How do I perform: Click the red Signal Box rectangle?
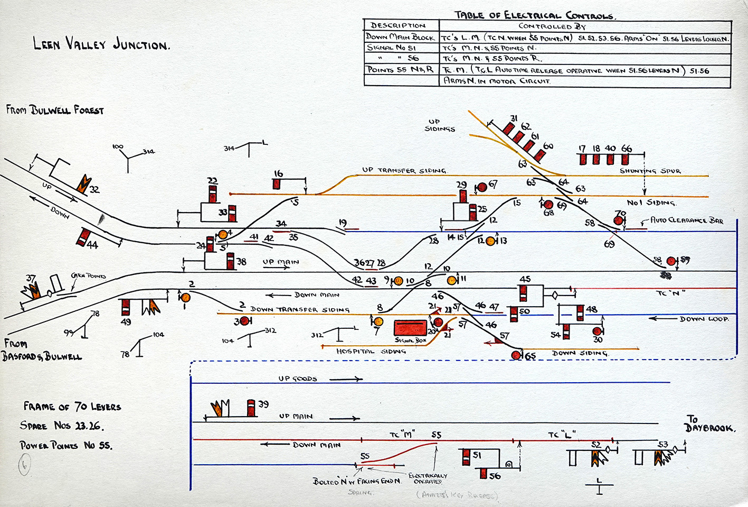click(x=411, y=328)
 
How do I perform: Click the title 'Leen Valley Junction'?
click(x=101, y=44)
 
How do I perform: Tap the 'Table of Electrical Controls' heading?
click(x=535, y=15)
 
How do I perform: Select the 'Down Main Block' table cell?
click(x=401, y=38)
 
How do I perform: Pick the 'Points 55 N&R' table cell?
click(x=401, y=70)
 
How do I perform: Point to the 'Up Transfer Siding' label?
click(x=404, y=170)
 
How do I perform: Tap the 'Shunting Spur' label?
click(x=650, y=171)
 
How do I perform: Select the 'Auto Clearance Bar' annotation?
click(x=686, y=220)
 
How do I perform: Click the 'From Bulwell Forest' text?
click(x=55, y=110)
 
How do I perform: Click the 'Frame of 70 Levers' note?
click(x=72, y=407)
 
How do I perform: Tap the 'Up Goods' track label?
click(x=298, y=379)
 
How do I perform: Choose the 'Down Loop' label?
click(x=704, y=319)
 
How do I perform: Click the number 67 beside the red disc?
click(x=493, y=184)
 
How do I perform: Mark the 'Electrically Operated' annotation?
click(x=428, y=478)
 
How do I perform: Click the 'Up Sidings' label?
click(x=440, y=125)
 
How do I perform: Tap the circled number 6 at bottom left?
click(x=24, y=465)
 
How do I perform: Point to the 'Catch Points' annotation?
click(x=88, y=276)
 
